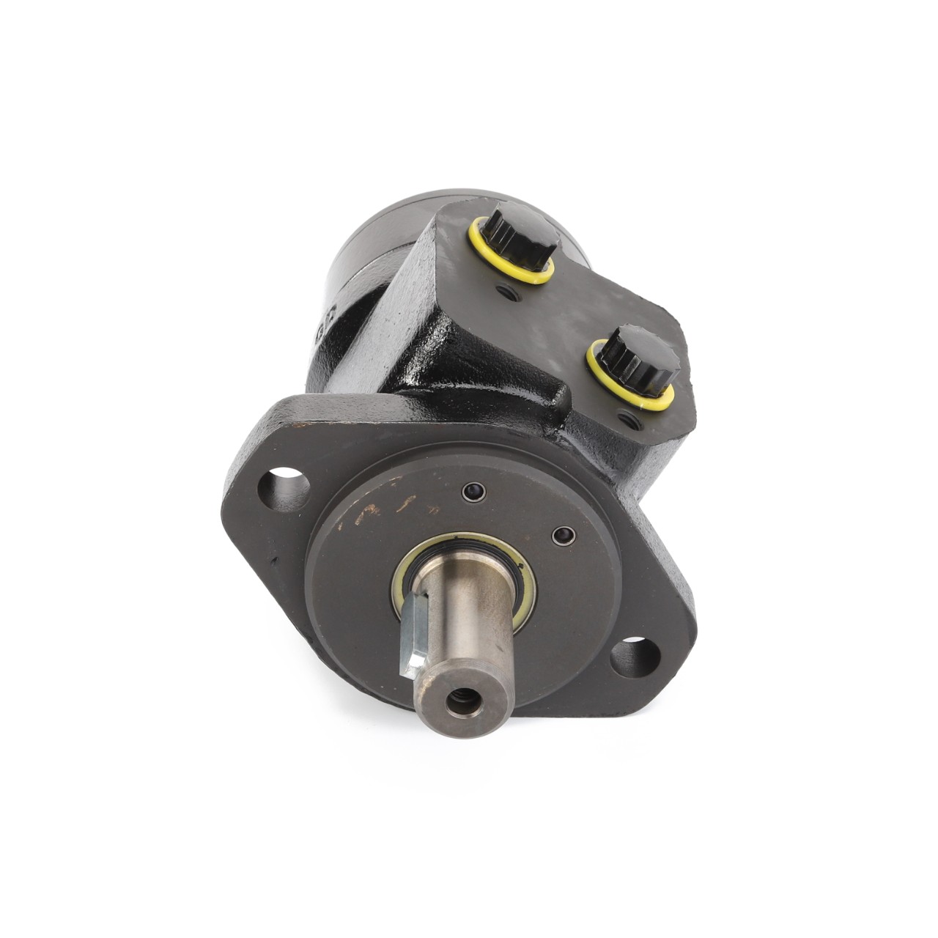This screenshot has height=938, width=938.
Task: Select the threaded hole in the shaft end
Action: pyautogui.click(x=463, y=704)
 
